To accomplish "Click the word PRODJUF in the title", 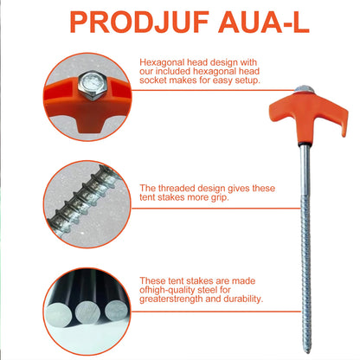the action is pyautogui.click(x=139, y=22).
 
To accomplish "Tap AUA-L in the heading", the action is pyautogui.click(x=264, y=22).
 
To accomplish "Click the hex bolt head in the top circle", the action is pyautogui.click(x=93, y=86).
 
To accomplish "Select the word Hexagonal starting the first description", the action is pyautogui.click(x=163, y=62).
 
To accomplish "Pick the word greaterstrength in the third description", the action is pyautogui.click(x=171, y=299).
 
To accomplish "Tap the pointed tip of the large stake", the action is pyautogui.click(x=307, y=352).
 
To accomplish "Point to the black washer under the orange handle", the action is pyautogui.click(x=305, y=143).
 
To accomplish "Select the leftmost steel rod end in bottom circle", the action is pyautogui.click(x=58, y=314).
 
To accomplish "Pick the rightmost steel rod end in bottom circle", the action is pyautogui.click(x=116, y=311).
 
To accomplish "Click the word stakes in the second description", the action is pyautogui.click(x=171, y=197).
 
